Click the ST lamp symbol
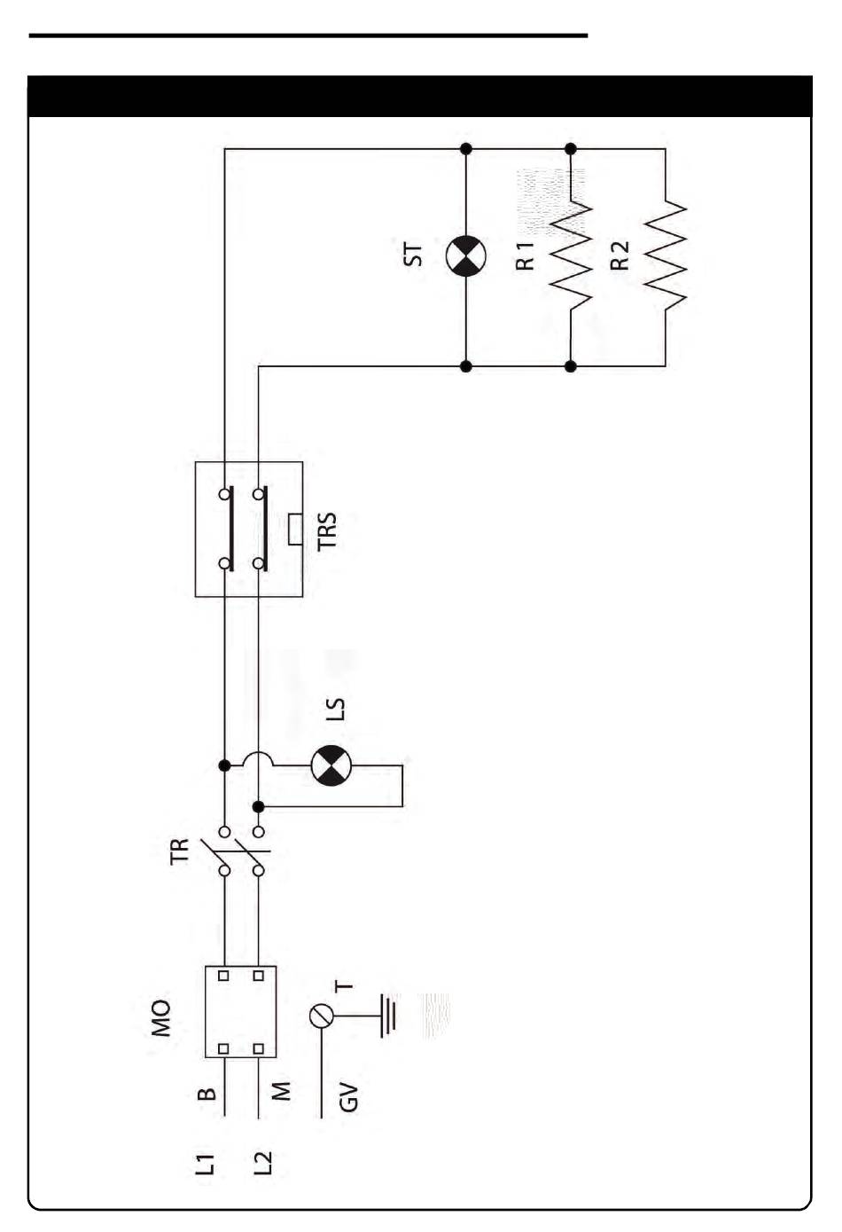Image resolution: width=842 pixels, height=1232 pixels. tap(465, 255)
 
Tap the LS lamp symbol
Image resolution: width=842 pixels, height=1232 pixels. tap(331, 765)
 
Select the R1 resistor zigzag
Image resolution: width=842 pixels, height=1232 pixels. tap(571, 256)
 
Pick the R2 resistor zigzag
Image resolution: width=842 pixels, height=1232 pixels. tap(665, 256)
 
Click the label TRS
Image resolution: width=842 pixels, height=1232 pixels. tap(327, 530)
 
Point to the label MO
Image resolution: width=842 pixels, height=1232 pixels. tap(161, 1018)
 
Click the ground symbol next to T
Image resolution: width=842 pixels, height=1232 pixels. tap(387, 1016)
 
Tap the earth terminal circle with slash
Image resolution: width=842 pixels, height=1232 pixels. tap(322, 1016)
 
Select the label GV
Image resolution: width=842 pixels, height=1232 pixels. tap(349, 1097)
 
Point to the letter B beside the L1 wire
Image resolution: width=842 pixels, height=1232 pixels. tap(207, 1094)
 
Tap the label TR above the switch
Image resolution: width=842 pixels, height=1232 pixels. tap(179, 851)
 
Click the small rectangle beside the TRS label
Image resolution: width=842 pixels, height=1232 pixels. tap(295, 530)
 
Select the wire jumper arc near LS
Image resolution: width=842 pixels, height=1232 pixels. tap(258, 757)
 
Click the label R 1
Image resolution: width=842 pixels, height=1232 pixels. tap(525, 255)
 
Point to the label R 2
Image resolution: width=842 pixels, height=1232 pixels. tap(620, 255)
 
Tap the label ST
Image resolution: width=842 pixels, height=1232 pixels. tap(413, 255)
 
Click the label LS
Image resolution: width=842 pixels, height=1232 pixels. tap(335, 710)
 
